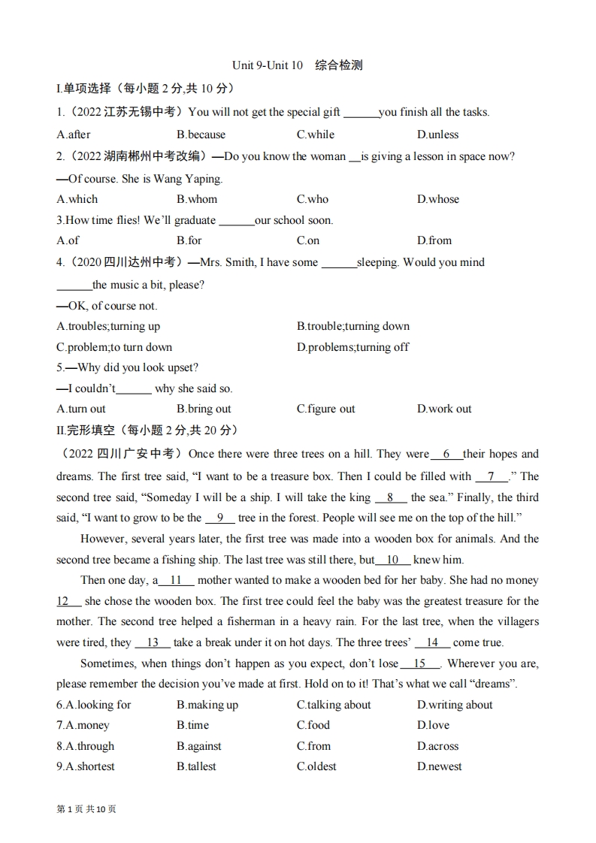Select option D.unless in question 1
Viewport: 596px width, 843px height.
pyautogui.click(x=437, y=134)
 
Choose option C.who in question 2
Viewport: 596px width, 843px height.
pyautogui.click(x=313, y=199)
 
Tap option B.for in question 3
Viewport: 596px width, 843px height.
pyautogui.click(x=189, y=240)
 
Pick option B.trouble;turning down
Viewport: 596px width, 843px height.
pyautogui.click(x=353, y=326)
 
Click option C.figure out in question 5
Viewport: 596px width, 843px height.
pyautogui.click(x=326, y=409)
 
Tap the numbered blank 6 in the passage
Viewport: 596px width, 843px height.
pyautogui.click(x=446, y=454)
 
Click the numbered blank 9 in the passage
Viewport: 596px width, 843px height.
pyautogui.click(x=219, y=518)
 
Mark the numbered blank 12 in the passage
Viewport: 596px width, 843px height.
pyautogui.click(x=68, y=601)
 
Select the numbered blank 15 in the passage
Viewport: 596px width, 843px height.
pyautogui.click(x=420, y=663)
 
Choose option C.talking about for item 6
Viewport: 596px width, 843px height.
pyautogui.click(x=334, y=705)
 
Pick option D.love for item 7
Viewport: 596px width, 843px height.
pyautogui.click(x=434, y=725)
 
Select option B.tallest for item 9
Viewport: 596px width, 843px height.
pyautogui.click(x=196, y=766)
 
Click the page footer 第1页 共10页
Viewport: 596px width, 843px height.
pyautogui.click(x=86, y=809)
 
